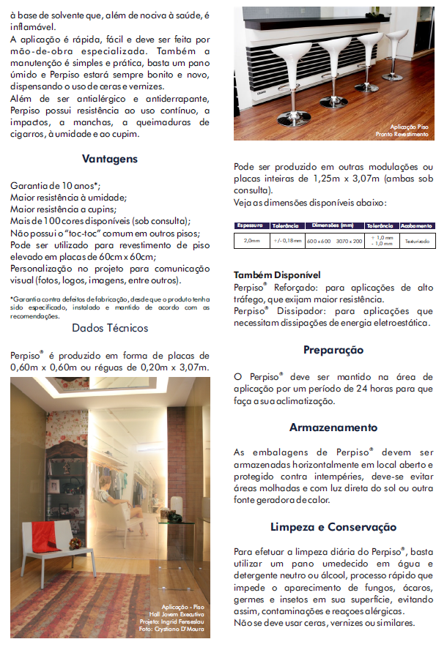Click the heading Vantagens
point(110,159)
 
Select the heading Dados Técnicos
point(110,328)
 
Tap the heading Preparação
point(333,350)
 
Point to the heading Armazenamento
point(333,427)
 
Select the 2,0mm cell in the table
point(251,240)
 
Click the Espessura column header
point(251,225)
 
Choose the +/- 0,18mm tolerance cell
point(287,240)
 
